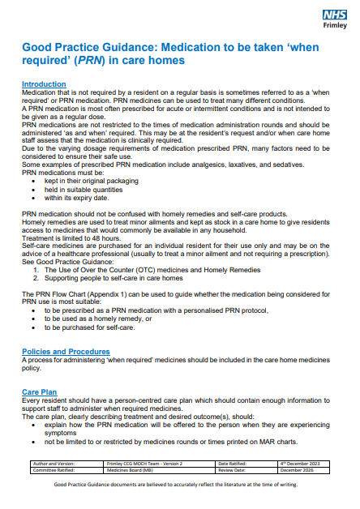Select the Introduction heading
pos(44,84)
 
